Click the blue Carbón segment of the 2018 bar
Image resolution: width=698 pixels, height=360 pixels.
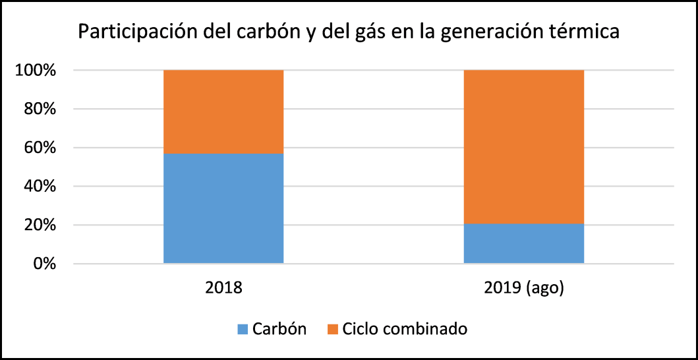point(223,208)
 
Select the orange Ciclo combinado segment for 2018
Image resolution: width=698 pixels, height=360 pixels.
point(223,111)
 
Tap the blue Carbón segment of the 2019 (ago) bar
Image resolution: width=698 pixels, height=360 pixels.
point(524,244)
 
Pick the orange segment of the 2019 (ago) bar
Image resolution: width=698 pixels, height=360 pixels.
point(524,146)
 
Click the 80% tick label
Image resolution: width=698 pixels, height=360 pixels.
point(40,109)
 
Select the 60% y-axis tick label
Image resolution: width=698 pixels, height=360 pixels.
point(40,148)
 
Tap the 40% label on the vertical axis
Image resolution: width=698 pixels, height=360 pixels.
point(40,187)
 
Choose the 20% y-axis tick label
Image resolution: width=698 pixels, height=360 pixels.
point(40,225)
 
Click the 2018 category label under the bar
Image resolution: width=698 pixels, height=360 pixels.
point(223,288)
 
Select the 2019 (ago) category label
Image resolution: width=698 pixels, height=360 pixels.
point(524,288)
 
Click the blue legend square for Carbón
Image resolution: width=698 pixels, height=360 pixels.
point(243,329)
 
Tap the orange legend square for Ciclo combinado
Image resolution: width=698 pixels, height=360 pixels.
point(332,329)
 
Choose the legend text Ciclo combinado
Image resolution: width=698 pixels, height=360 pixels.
point(405,329)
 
